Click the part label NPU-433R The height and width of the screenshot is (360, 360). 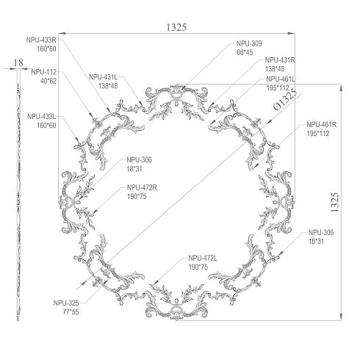(41, 40)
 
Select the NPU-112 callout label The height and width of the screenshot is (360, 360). (44, 72)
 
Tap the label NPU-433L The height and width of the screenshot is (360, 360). (42, 116)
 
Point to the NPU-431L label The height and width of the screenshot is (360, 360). (104, 77)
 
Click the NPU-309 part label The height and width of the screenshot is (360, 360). (249, 43)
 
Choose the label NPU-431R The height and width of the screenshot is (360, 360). (280, 60)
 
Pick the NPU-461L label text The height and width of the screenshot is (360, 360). (281, 79)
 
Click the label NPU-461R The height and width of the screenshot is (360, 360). (322, 125)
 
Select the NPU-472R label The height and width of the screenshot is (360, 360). (142, 188)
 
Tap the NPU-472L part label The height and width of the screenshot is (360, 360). (203, 258)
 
